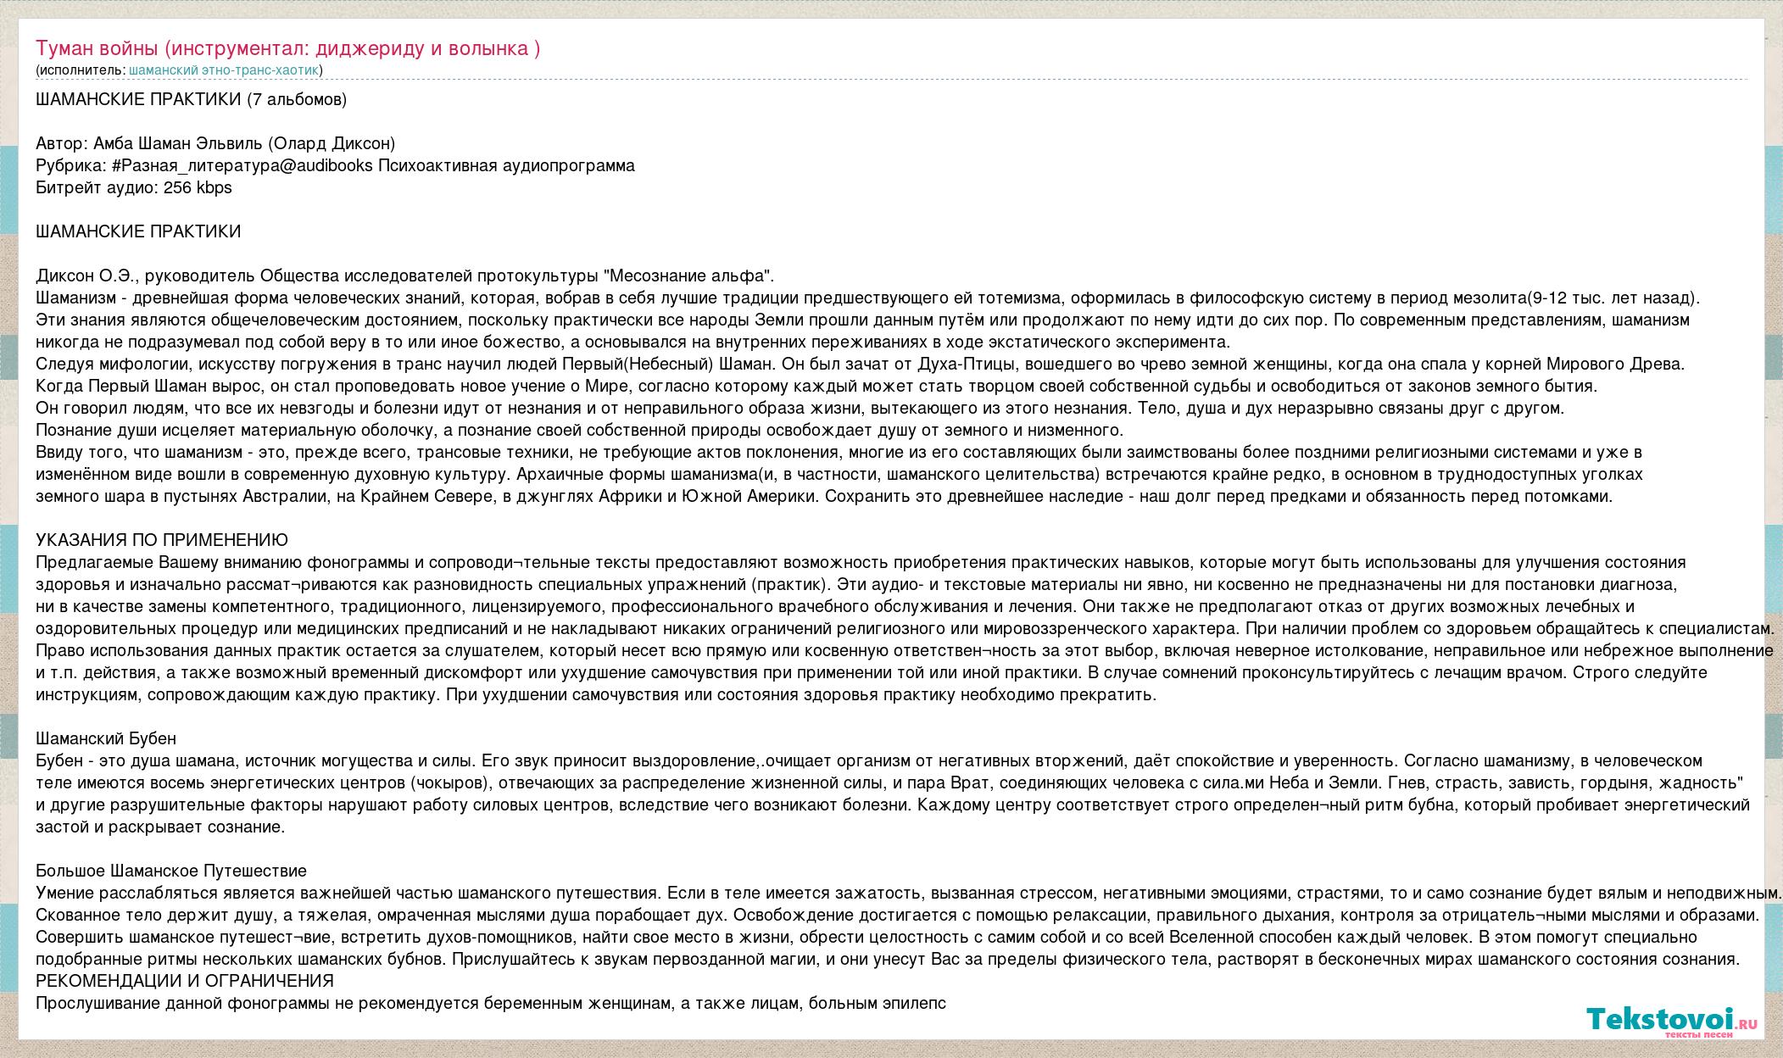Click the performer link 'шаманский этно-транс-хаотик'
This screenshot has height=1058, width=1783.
pos(224,70)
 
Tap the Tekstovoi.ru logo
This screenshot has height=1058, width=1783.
pos(1671,1018)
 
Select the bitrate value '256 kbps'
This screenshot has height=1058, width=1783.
pos(197,187)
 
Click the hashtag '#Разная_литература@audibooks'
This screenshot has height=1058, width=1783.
pos(242,165)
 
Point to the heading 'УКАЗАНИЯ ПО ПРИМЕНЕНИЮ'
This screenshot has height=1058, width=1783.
pos(162,540)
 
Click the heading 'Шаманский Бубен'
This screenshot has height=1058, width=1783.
pos(106,738)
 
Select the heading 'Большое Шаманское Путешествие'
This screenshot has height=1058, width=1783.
pos(171,871)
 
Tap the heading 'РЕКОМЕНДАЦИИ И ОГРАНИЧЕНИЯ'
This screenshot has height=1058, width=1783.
pos(185,981)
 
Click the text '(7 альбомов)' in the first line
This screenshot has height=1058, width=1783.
pos(297,99)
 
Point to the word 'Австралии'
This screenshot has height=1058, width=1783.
pos(294,496)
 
